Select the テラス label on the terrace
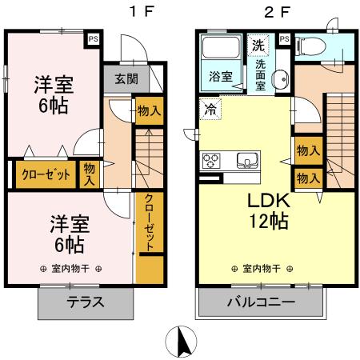[83, 303]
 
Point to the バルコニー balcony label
[260, 303]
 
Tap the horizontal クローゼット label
[45, 174]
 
